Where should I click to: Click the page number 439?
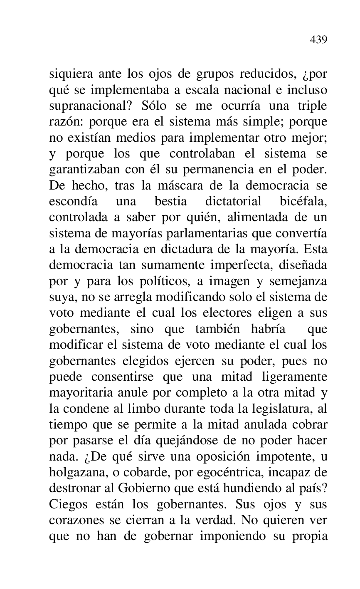pos(318,40)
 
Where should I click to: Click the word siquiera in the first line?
pos(69,75)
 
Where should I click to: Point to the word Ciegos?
pos(69,503)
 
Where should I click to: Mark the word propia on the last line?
pos(309,536)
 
